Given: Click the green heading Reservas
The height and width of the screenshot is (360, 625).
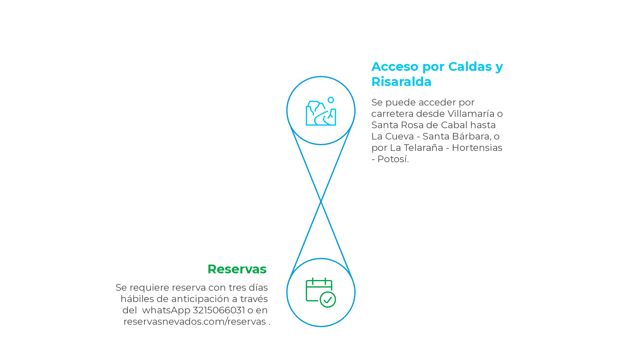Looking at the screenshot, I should point(237,269).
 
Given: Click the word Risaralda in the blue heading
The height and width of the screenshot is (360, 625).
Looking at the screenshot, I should point(401,82).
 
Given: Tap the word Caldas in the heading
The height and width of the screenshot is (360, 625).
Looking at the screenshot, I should point(470,67).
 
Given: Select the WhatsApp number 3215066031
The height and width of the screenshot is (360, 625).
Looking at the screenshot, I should point(219,310).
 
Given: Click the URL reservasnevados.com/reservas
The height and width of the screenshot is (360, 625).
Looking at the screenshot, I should point(194,322).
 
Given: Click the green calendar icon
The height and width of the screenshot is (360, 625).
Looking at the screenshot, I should point(319,290).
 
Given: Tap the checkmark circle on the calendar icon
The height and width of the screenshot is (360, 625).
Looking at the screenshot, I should point(328,300).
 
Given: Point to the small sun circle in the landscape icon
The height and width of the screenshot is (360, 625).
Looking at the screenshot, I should point(331,100).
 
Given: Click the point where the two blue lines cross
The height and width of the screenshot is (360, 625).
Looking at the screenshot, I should point(321,201).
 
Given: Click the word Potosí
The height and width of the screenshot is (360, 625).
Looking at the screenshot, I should point(393,159).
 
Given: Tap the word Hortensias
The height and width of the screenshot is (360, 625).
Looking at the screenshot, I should point(477,148).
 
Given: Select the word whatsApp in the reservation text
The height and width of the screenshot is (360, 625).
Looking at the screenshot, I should point(166,310).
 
